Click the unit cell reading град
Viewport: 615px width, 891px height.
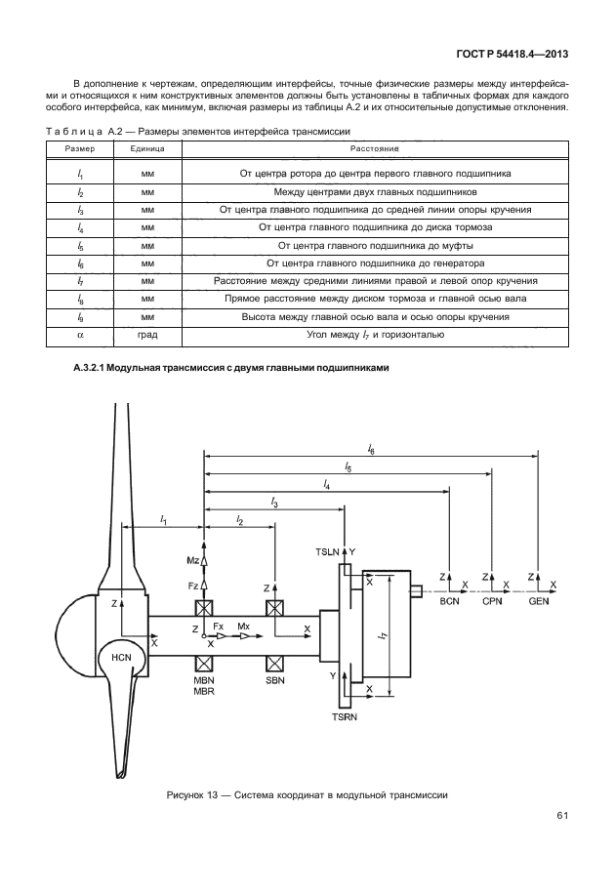tap(146, 335)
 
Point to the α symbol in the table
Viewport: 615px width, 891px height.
tap(79, 335)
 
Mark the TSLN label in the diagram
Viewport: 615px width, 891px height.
tap(328, 552)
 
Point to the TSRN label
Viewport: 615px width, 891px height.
tap(346, 717)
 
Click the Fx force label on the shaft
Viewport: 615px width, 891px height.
tap(219, 625)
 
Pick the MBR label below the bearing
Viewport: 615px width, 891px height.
tap(203, 691)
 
